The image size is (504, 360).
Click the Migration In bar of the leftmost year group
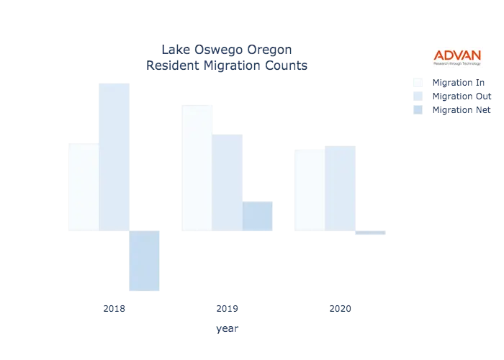[81, 186]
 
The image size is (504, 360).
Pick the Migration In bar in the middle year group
[196, 169]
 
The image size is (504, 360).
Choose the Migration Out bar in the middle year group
[230, 184]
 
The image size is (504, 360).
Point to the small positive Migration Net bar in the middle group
[258, 215]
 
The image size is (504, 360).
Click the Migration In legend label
[461, 81]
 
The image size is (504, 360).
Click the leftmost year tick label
[115, 309]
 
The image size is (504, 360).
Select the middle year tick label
[228, 309]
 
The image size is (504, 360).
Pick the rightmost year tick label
[340, 309]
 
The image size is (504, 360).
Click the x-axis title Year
[228, 329]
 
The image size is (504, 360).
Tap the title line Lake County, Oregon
[228, 50]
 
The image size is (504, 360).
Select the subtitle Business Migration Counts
[228, 66]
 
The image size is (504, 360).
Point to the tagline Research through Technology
[457, 63]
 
